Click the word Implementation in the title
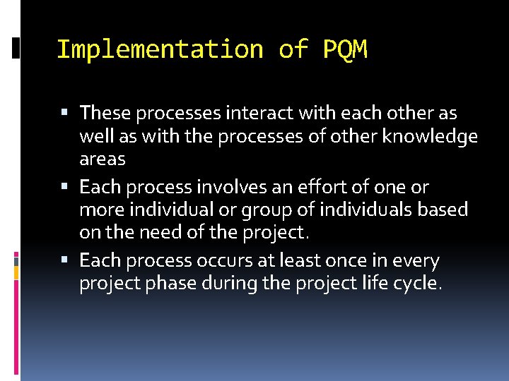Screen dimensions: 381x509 (x=159, y=50)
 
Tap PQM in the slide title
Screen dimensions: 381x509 (x=345, y=50)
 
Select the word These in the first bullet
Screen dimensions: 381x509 (x=105, y=113)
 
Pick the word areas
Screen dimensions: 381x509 (x=102, y=159)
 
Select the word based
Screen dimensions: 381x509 (x=443, y=210)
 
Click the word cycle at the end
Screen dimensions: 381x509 (x=419, y=284)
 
